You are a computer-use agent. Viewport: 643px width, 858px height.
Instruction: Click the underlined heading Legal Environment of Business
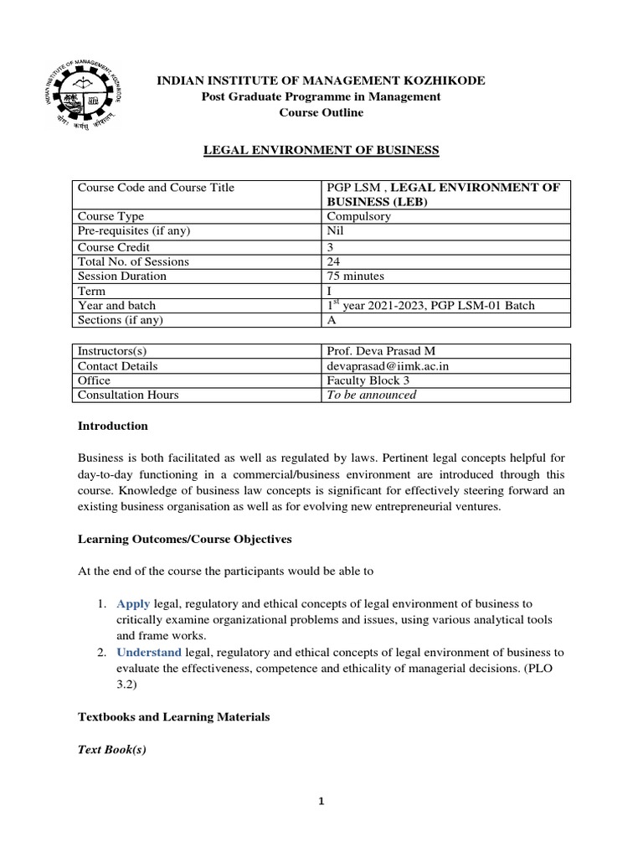click(322, 150)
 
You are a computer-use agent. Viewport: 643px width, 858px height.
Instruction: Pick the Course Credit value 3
click(330, 246)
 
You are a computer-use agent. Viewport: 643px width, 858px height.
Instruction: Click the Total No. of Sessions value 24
click(333, 261)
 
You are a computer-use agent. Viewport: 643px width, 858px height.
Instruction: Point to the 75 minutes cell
click(356, 276)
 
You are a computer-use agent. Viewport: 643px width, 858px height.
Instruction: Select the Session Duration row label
click(121, 276)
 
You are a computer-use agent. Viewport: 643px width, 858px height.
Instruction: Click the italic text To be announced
click(371, 395)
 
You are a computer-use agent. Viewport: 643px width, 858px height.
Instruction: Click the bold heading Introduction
click(112, 426)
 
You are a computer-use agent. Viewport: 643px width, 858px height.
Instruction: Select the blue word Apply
click(132, 603)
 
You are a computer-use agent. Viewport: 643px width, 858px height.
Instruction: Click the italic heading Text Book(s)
click(111, 750)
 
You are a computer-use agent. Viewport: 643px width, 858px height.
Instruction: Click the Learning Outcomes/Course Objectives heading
click(184, 538)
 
